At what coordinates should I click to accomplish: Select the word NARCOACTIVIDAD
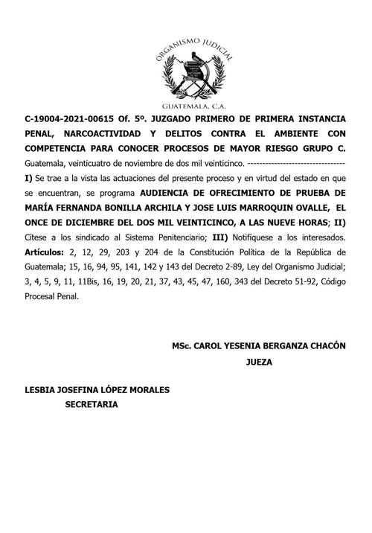click(102, 134)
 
